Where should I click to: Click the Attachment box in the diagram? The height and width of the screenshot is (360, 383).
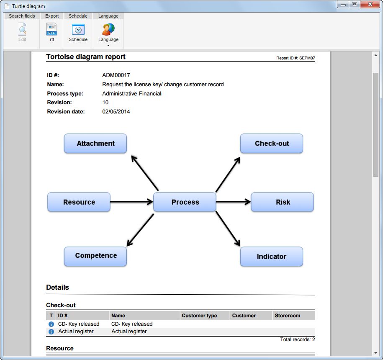pyautogui.click(x=95, y=143)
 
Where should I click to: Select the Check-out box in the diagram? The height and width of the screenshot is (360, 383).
pyautogui.click(x=271, y=143)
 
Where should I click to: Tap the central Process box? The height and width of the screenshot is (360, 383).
pyautogui.click(x=185, y=202)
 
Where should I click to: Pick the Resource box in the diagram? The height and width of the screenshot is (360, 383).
pyautogui.click(x=79, y=202)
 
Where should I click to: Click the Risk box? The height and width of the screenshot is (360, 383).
pyautogui.click(x=282, y=202)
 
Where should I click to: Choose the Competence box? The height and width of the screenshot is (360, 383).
pyautogui.click(x=95, y=256)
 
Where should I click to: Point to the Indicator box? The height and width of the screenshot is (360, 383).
pyautogui.click(x=271, y=256)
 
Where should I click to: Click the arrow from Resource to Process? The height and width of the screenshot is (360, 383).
pyautogui.click(x=132, y=202)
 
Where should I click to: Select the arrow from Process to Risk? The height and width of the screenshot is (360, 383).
pyautogui.click(x=234, y=202)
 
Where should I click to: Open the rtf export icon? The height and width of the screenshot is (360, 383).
pyautogui.click(x=51, y=29)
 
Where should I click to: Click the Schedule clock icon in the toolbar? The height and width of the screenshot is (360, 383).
pyautogui.click(x=78, y=30)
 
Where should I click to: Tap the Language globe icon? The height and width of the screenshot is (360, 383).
pyautogui.click(x=108, y=29)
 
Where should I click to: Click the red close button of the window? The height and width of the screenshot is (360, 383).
pyautogui.click(x=370, y=5)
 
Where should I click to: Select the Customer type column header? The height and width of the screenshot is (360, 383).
pyautogui.click(x=199, y=316)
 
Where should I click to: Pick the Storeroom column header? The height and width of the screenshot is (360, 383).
pyautogui.click(x=288, y=316)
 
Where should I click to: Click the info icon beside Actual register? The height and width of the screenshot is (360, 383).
pyautogui.click(x=51, y=332)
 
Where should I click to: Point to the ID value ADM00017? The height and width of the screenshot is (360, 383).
pyautogui.click(x=116, y=75)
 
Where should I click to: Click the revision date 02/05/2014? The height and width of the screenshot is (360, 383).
pyautogui.click(x=116, y=112)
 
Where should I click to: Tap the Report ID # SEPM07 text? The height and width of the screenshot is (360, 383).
pyautogui.click(x=296, y=58)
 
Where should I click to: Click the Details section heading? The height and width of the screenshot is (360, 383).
pyautogui.click(x=57, y=287)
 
